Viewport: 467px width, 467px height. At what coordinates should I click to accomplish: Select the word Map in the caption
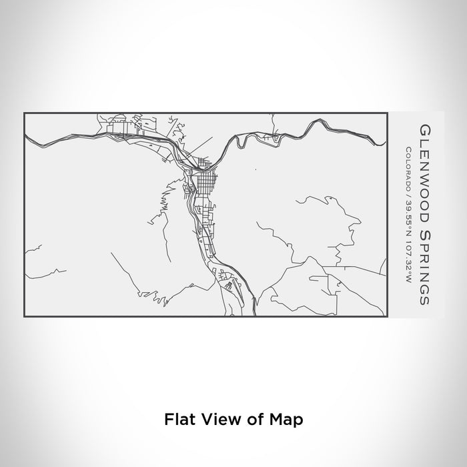(289, 420)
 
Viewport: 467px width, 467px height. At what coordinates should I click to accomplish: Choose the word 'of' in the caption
(254, 420)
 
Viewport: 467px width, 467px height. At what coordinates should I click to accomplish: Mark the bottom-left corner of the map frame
(24, 317)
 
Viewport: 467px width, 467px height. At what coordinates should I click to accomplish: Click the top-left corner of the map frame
(24, 113)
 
